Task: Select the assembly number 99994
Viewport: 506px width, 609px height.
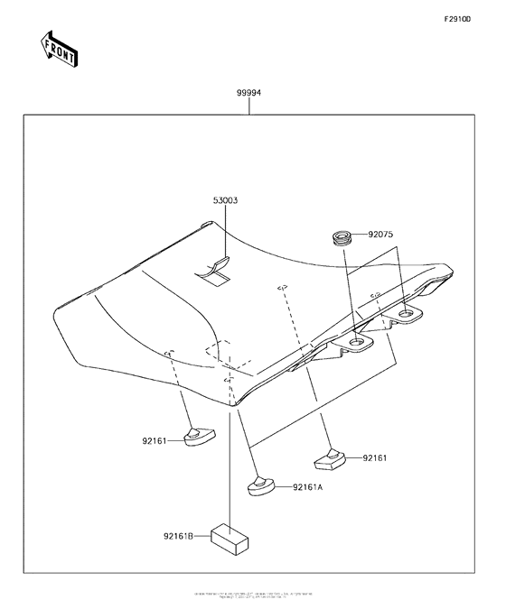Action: pos(249,94)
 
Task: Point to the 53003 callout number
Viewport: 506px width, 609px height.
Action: pos(225,200)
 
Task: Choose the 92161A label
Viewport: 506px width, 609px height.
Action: pos(307,487)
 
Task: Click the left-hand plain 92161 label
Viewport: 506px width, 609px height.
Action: pos(155,442)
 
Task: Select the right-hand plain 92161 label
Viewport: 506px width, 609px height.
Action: pos(375,458)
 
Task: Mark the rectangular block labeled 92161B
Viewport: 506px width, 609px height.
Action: pos(230,539)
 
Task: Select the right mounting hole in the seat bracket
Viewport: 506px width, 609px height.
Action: pos(408,314)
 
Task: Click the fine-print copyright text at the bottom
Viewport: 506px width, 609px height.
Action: pos(252,596)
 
